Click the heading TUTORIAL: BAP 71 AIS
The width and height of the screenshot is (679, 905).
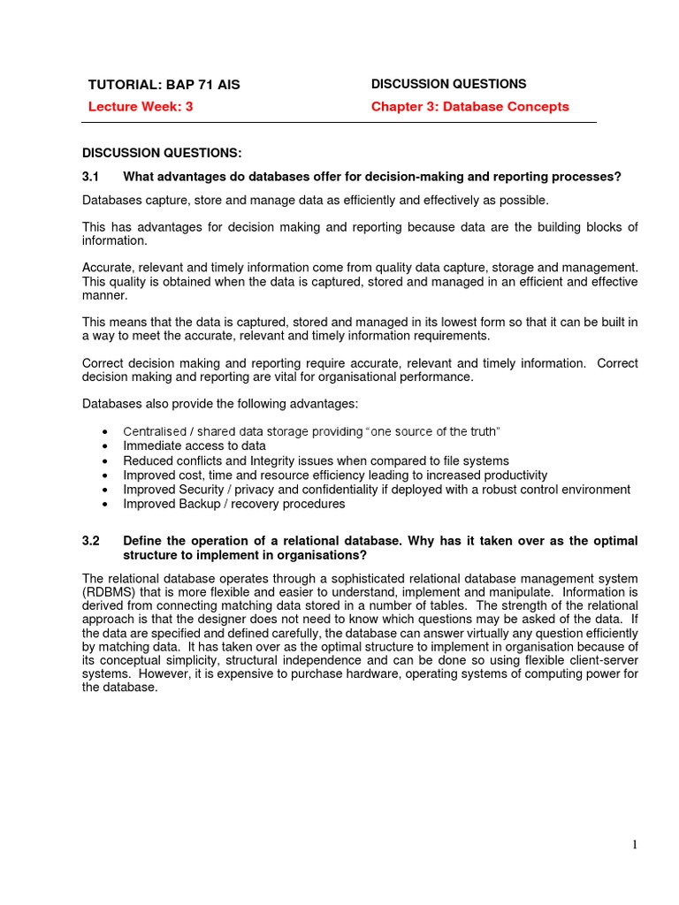164,85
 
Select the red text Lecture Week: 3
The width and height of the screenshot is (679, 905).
140,107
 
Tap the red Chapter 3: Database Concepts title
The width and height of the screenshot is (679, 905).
469,107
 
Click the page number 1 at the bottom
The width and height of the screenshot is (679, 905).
634,845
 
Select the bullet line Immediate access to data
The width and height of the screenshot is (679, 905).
194,446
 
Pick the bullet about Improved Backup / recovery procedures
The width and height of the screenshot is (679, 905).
233,504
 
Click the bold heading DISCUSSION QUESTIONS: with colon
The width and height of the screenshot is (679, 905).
161,153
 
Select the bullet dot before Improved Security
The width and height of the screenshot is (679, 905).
105,490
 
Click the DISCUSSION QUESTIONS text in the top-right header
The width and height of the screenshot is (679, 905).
448,84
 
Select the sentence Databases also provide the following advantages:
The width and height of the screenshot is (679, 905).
220,404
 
